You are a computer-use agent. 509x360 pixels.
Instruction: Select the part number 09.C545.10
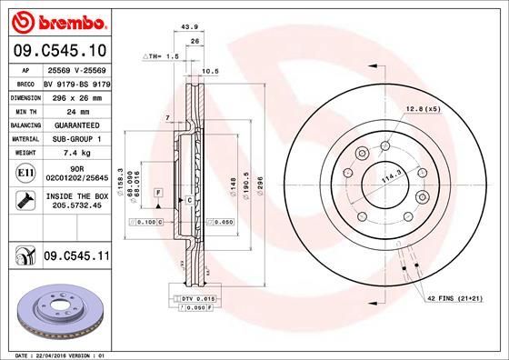[x=58, y=50]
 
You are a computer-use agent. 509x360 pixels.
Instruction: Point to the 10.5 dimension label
[x=210, y=71]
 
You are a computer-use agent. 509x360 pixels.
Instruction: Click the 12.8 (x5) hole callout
[x=423, y=108]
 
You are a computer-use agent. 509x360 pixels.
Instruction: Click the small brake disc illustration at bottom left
[x=56, y=309]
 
